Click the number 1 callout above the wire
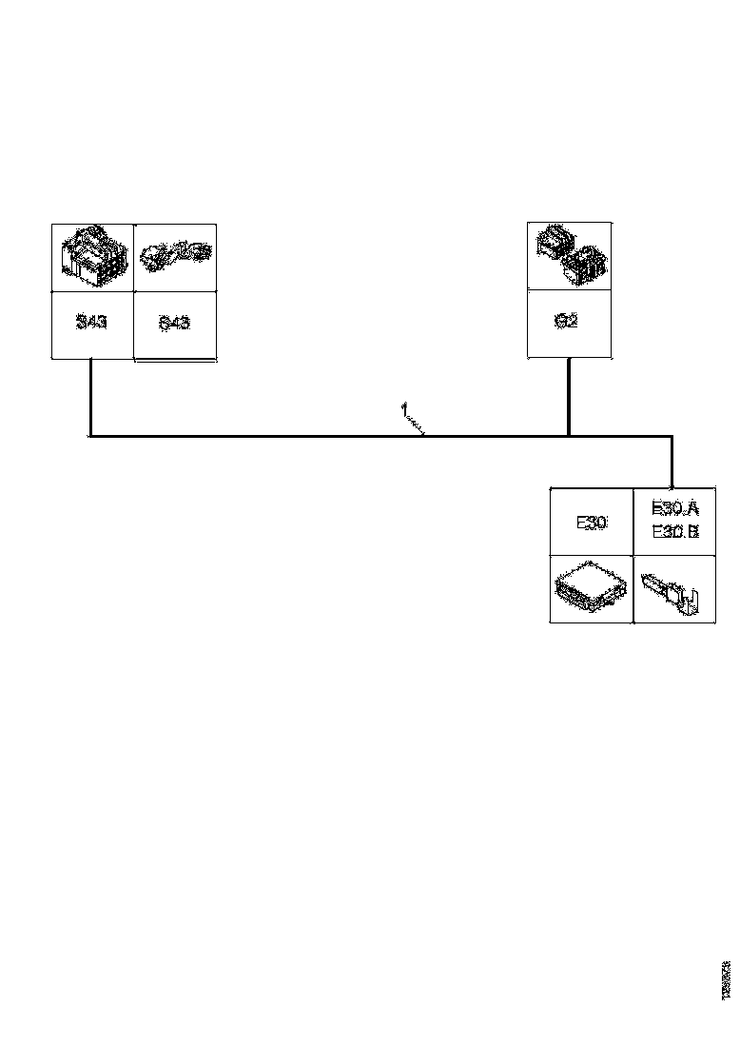coord(403,409)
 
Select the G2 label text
coord(568,321)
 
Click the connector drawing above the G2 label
coord(569,254)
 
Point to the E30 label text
coord(592,523)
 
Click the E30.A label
coord(675,509)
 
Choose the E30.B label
coord(675,532)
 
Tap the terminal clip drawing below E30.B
coord(672,591)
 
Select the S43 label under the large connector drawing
coord(92,322)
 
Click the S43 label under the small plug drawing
coord(175,323)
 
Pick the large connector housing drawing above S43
coord(91,254)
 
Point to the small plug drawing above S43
coord(176,254)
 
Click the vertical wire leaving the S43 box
coord(90,395)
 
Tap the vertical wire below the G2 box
coord(569,395)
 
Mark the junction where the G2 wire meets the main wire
coord(569,436)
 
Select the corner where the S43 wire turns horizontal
coord(90,436)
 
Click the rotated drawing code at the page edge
coord(726,979)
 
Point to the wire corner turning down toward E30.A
coord(672,437)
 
